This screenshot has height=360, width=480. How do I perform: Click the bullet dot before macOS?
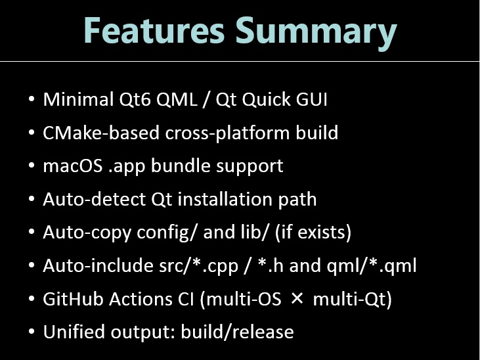pos(32,166)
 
